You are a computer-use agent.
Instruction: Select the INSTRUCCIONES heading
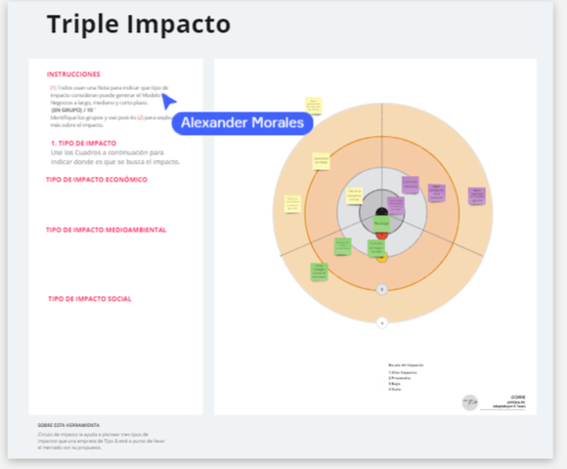[x=73, y=74]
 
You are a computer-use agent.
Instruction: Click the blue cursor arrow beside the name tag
[x=168, y=101]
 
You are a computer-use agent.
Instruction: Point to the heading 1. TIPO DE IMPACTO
[x=89, y=144]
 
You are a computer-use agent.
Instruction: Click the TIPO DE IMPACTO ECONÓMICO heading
[x=97, y=180]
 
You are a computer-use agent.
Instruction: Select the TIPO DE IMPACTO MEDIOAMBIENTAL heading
[x=106, y=231]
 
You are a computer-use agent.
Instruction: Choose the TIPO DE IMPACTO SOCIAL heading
[x=90, y=299]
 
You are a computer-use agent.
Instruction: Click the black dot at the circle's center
[x=382, y=211]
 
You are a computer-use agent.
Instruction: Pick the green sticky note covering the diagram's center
[x=381, y=224]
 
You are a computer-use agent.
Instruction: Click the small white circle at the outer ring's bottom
[x=382, y=321]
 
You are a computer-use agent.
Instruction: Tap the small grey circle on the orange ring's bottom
[x=382, y=289]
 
